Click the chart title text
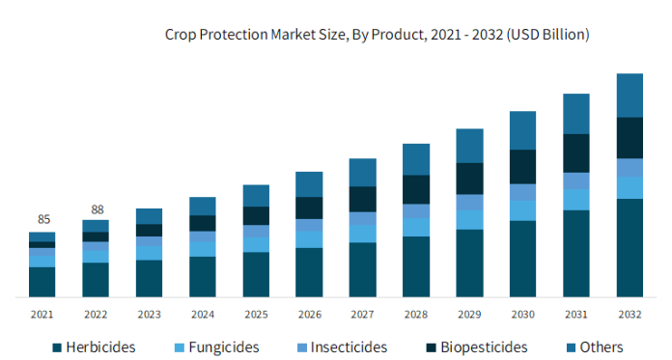tap(377, 35)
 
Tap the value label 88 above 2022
tap(96, 208)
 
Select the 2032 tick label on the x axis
tap(630, 314)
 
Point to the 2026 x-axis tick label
tap(309, 314)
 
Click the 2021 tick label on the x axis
tap(42, 314)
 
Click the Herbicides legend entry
tap(94, 346)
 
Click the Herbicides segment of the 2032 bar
tap(630, 247)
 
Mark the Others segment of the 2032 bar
tap(630, 95)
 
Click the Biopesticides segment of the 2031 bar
tap(576, 152)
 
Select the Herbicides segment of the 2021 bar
tap(42, 281)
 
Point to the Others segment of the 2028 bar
tap(416, 159)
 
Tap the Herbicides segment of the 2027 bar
tap(363, 269)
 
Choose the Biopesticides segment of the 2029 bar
tap(469, 179)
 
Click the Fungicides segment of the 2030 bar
tap(522, 210)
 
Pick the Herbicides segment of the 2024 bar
tap(203, 276)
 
